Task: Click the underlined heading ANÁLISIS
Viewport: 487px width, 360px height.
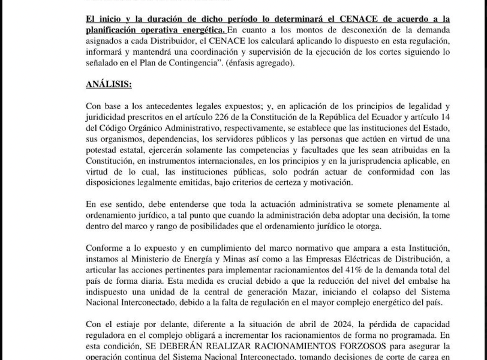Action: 109,85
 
